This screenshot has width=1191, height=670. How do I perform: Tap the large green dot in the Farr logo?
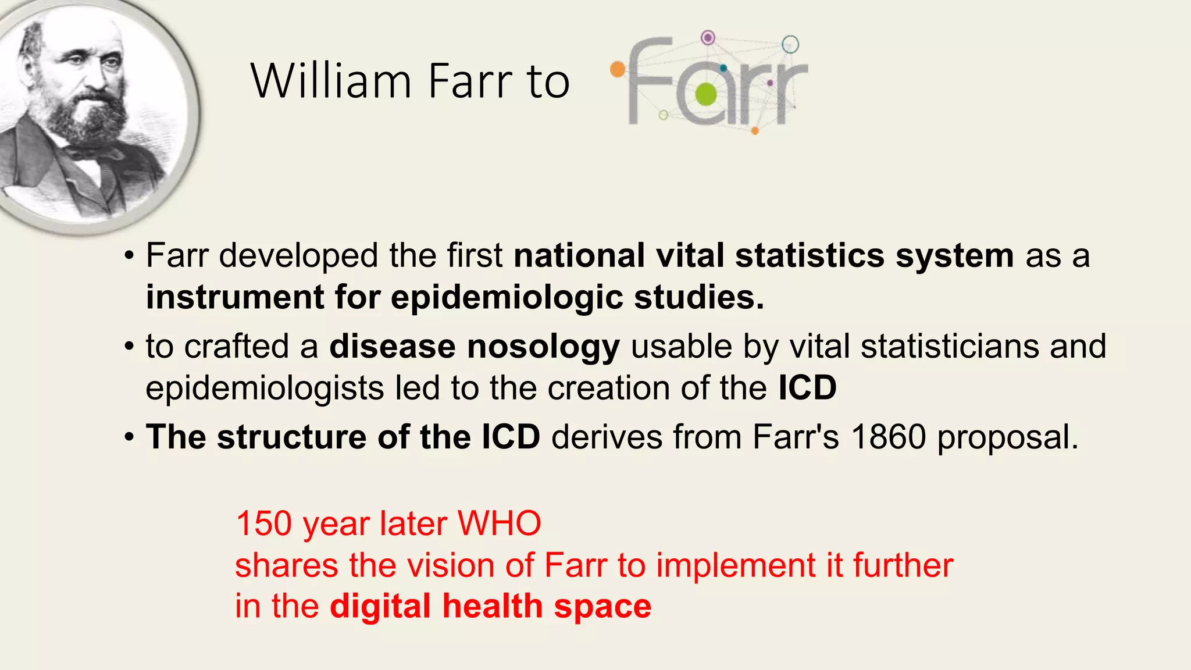point(707,95)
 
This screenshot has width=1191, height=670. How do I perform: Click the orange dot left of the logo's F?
point(618,70)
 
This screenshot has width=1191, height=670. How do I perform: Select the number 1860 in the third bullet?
point(888,437)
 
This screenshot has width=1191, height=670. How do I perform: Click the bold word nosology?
point(543,347)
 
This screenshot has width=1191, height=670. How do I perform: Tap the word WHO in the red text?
point(500,523)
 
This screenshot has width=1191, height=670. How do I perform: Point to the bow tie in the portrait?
point(87,152)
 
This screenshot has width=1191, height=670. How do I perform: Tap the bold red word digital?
point(380,606)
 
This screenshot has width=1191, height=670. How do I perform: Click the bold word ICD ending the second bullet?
point(807,388)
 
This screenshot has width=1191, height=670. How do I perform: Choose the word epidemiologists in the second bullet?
point(264,389)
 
